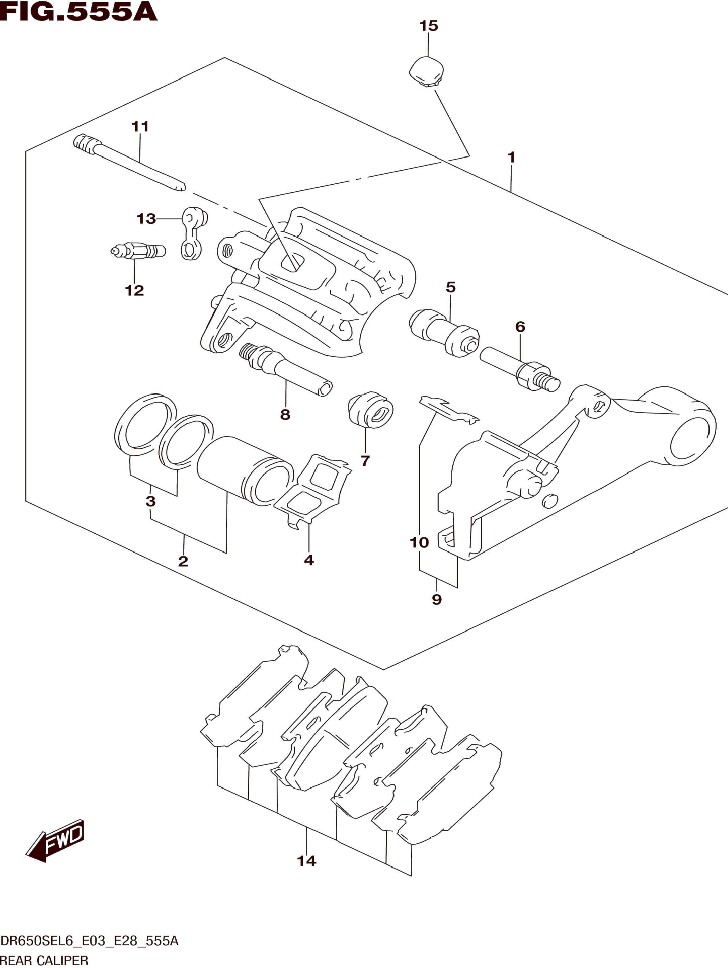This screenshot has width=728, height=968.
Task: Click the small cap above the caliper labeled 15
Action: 426,71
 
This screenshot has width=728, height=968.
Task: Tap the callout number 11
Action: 140,127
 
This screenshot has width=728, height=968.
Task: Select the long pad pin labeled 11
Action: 130,163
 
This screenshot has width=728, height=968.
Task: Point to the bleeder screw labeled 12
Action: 138,252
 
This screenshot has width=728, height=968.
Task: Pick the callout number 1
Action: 511,157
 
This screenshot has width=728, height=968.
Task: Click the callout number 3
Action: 150,501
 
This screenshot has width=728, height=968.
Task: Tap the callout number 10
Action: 419,543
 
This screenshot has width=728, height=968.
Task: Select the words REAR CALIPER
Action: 44,961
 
